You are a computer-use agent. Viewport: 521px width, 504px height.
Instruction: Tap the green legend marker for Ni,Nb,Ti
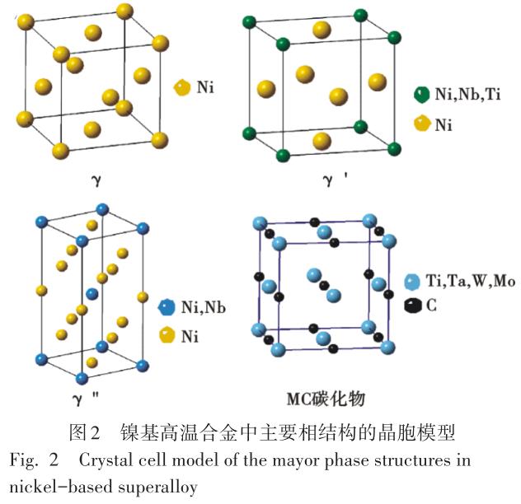click(421, 94)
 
